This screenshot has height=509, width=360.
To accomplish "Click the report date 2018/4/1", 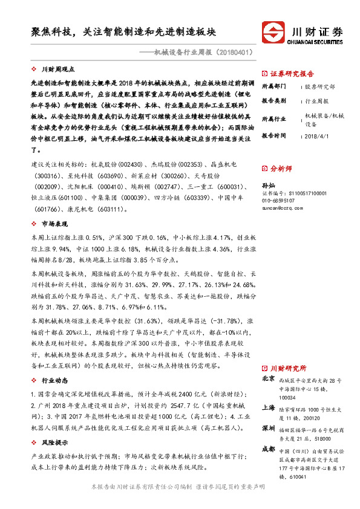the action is point(316,136).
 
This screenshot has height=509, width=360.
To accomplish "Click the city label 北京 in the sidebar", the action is point(267,379).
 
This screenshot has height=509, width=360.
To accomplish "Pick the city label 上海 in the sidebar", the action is point(267,408).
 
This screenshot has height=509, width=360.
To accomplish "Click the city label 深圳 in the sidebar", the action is point(267,428).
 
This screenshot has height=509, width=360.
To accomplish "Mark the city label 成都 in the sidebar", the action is point(267,449).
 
